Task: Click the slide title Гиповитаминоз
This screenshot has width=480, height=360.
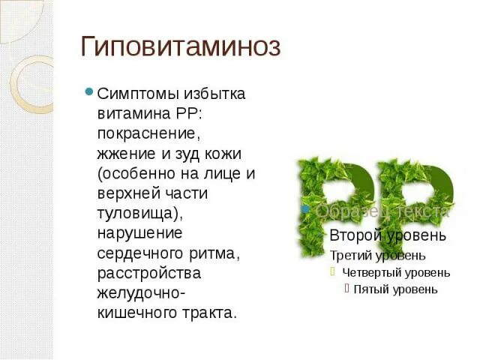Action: [x=181, y=47]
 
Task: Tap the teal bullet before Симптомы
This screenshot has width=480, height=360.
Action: [x=89, y=93]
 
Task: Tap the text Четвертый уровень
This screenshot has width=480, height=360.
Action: [x=396, y=272]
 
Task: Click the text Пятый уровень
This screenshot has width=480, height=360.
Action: [x=395, y=289]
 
